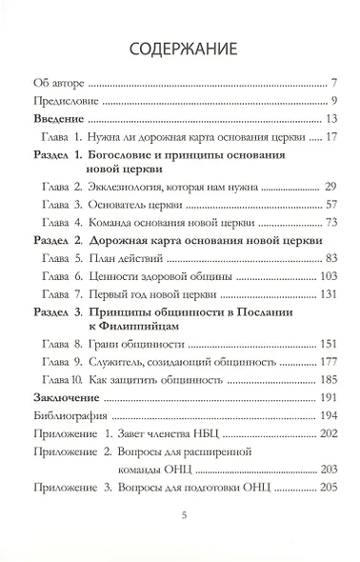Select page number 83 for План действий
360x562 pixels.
click(320, 258)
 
